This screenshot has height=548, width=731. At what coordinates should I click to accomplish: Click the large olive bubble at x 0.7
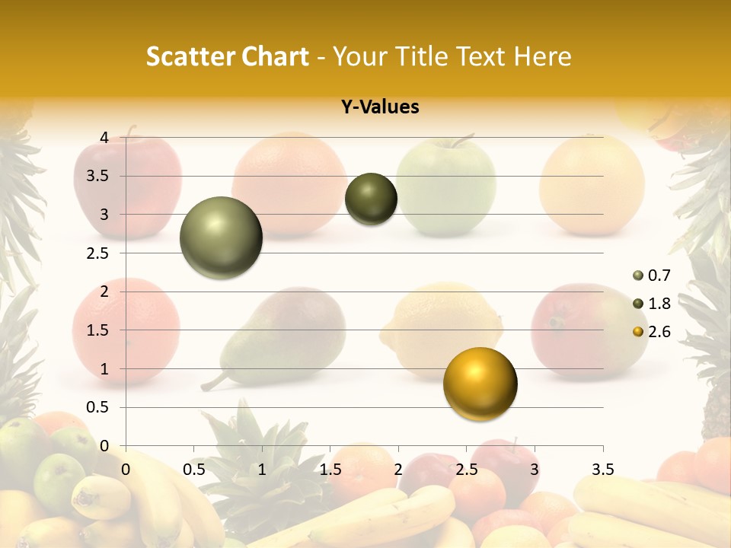[221, 237]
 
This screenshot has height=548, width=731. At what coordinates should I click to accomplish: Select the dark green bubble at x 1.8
[371, 199]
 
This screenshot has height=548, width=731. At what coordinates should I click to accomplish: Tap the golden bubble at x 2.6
[480, 384]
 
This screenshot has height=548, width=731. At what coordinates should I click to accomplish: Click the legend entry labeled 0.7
[651, 276]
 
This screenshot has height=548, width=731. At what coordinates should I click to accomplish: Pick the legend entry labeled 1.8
[651, 304]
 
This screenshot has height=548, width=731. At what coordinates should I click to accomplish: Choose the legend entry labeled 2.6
[651, 332]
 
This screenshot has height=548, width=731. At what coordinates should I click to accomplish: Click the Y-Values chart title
[380, 107]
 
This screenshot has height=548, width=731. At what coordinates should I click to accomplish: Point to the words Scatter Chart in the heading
[227, 56]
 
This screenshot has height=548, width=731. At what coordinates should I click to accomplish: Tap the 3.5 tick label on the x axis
[602, 470]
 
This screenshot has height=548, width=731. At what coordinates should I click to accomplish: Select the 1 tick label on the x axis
[262, 470]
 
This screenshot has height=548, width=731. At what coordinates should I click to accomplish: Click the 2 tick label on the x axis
[398, 470]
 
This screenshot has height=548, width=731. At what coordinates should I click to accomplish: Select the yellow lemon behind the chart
[442, 327]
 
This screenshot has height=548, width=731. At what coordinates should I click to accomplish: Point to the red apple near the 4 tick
[128, 183]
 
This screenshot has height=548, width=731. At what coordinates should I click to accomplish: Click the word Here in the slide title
[542, 56]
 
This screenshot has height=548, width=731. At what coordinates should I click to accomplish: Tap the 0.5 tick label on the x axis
[194, 470]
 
